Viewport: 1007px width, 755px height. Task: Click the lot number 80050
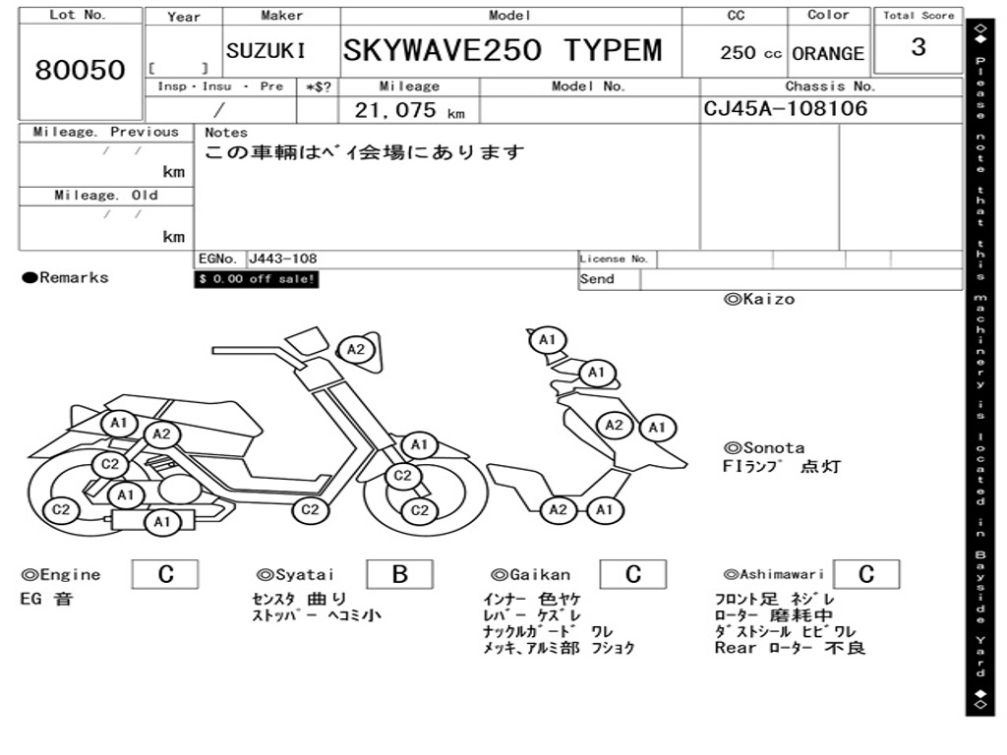tap(81, 70)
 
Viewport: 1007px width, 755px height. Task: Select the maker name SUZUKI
tap(266, 51)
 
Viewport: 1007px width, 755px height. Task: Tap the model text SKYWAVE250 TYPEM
tap(503, 50)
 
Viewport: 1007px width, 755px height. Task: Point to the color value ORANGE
tap(828, 53)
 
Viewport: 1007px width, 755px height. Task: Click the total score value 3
tap(918, 47)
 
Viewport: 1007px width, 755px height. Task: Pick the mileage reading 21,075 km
tap(409, 110)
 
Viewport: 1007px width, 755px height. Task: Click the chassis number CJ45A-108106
tap(786, 108)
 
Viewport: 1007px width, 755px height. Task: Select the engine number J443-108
tap(282, 260)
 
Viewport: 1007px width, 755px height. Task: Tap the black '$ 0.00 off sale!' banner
tap(257, 279)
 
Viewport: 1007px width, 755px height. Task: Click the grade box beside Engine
tap(165, 574)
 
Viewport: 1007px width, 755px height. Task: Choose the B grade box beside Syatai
tap(399, 574)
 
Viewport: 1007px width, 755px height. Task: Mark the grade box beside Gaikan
tap(632, 574)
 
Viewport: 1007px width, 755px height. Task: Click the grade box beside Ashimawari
tap(865, 574)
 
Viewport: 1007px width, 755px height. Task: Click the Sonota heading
tap(763, 447)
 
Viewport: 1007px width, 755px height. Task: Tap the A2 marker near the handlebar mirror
tap(355, 349)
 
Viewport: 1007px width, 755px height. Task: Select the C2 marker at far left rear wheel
tap(61, 509)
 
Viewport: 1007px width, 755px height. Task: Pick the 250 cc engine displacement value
tap(750, 53)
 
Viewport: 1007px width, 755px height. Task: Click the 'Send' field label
tap(597, 279)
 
